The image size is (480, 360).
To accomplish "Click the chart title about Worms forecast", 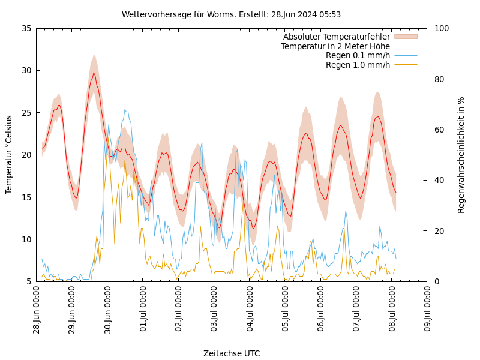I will (231, 14).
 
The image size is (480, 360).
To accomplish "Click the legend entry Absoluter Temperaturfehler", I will (336, 37).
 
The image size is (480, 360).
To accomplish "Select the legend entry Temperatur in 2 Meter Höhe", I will (335, 46).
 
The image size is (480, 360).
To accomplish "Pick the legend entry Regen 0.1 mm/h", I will (358, 56).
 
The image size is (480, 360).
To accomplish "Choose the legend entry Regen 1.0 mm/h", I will (358, 65).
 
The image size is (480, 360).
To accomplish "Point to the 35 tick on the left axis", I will (26, 28).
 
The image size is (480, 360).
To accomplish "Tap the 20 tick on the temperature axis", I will (26, 155).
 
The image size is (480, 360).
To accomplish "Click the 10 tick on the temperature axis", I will (26, 239).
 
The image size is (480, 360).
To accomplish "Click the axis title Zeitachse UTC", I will (232, 353).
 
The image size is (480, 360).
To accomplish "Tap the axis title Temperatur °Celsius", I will (9, 155).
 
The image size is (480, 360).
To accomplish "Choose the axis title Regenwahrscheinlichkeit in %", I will (461, 155).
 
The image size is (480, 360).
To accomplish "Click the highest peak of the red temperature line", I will (94, 73).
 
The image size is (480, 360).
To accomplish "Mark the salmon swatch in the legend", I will (405, 37).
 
